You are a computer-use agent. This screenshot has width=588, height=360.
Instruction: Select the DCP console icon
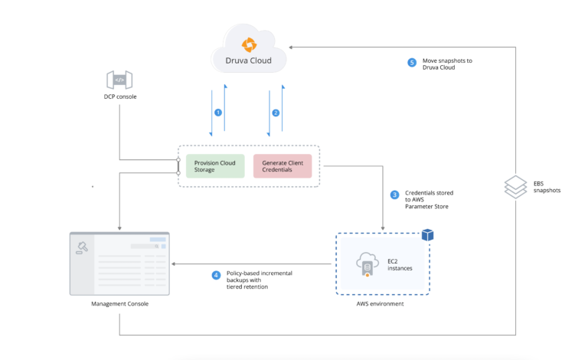click(x=119, y=80)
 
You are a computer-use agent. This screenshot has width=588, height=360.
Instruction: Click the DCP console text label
click(x=119, y=97)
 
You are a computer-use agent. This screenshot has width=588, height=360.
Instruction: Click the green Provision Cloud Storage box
click(x=214, y=165)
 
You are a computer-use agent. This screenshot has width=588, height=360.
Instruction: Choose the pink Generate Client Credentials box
click(x=283, y=165)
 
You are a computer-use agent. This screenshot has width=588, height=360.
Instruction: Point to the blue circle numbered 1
click(x=218, y=113)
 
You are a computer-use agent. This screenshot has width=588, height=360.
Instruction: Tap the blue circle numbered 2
click(x=276, y=113)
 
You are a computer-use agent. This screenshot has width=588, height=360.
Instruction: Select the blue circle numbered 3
click(x=395, y=195)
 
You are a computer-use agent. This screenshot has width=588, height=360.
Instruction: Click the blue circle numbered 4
click(x=217, y=275)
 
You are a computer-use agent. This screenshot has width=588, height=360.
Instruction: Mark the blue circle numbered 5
click(x=412, y=63)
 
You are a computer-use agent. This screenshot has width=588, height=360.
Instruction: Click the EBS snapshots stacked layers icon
click(x=517, y=186)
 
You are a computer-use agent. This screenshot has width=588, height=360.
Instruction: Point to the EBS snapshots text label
click(x=547, y=186)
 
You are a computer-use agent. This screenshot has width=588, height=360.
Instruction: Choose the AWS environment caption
click(x=381, y=304)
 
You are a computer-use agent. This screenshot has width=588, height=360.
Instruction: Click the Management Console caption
click(x=119, y=304)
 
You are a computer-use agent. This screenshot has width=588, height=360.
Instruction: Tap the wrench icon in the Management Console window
click(x=82, y=246)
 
